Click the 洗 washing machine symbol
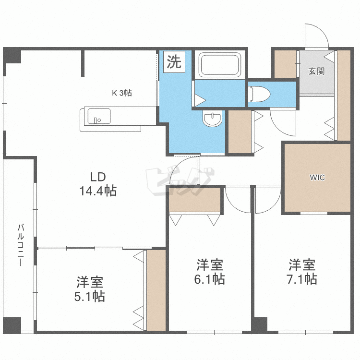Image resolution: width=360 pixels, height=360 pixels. (x=174, y=62)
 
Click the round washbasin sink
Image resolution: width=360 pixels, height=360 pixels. (x=212, y=119)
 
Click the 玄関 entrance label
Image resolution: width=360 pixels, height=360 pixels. (x=316, y=72)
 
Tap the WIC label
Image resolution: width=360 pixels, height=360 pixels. (x=317, y=178)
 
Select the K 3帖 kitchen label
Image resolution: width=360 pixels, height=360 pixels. (x=122, y=93)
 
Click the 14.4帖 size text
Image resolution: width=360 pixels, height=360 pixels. (x=98, y=191)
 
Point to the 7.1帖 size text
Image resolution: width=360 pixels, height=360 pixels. (x=302, y=279)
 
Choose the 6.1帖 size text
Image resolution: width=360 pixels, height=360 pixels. (x=210, y=279)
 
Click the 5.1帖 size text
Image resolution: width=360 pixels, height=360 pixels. (x=90, y=296)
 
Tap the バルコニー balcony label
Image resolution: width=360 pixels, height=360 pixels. (x=21, y=245)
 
